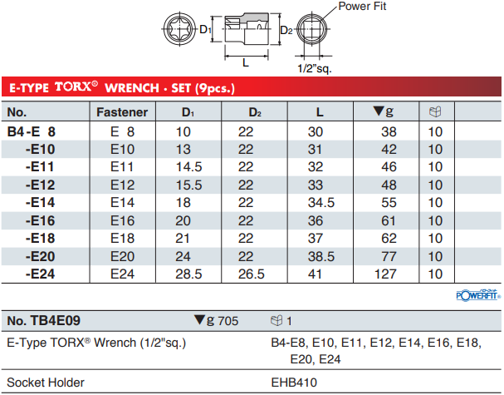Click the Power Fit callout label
[362, 6]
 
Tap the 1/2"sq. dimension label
[314, 68]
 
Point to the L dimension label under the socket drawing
[246, 62]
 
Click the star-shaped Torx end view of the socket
[179, 29]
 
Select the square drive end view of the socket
[312, 29]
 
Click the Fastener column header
[122, 112]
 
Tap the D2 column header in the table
[255, 112]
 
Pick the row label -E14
[40, 203]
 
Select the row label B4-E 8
[32, 131]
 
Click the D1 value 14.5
[188, 167]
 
